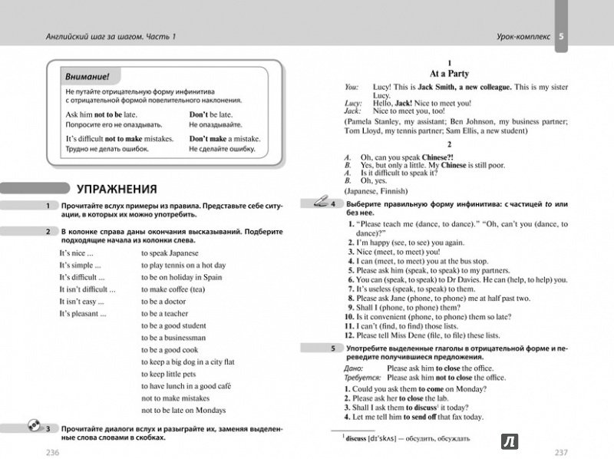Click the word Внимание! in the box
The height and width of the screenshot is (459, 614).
pos(87,77)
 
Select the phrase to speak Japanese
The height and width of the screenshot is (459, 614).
pos(170,253)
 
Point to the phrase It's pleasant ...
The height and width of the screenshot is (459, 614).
pos(77,315)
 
